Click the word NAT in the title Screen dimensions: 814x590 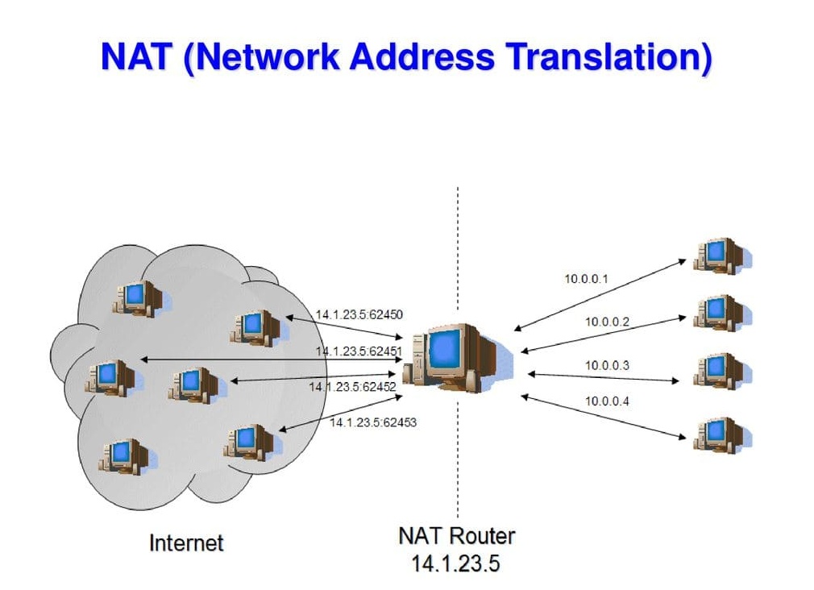pyautogui.click(x=136, y=56)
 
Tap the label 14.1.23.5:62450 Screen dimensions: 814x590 pyautogui.click(x=359, y=314)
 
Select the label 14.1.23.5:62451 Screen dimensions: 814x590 pyautogui.click(x=359, y=351)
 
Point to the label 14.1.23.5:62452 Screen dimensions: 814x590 pyautogui.click(x=352, y=387)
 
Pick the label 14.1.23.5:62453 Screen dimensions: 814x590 pyautogui.click(x=373, y=422)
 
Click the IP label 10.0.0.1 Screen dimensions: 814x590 pyautogui.click(x=586, y=279)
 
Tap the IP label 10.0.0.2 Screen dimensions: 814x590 pyautogui.click(x=607, y=322)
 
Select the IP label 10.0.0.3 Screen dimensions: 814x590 pyautogui.click(x=607, y=366)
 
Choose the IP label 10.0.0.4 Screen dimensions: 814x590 pyautogui.click(x=607, y=401)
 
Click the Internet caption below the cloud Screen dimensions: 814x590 pyautogui.click(x=186, y=543)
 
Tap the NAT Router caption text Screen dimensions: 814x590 pyautogui.click(x=457, y=536)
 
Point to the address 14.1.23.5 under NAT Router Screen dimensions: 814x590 pyautogui.click(x=456, y=563)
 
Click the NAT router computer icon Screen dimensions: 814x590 pyautogui.click(x=458, y=357)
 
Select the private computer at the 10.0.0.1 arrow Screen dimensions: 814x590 pyautogui.click(x=722, y=256)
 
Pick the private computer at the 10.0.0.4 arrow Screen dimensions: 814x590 pyautogui.click(x=722, y=435)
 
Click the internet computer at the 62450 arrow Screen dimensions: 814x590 pyautogui.click(x=259, y=328)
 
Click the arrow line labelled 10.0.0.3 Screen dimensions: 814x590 pyautogui.click(x=603, y=377)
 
